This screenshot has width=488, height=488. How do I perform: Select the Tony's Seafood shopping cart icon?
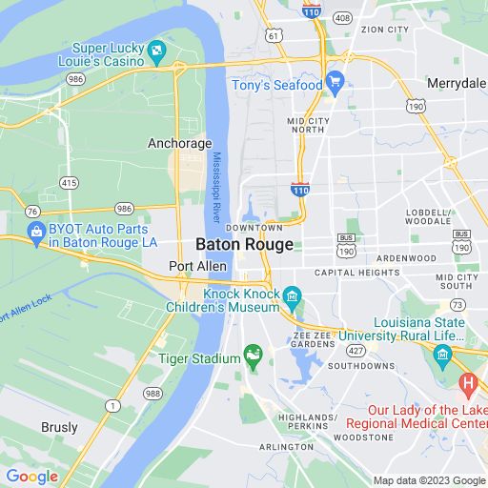[334, 81]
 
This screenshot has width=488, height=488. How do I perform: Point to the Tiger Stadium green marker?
[254, 358]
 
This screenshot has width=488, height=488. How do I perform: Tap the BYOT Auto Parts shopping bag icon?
[36, 230]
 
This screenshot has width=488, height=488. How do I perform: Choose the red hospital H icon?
[467, 383]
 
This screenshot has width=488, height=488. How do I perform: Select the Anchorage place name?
[179, 143]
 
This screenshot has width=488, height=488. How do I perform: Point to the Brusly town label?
[59, 428]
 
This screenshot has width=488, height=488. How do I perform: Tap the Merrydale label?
[456, 82]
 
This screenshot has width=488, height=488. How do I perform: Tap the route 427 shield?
[355, 350]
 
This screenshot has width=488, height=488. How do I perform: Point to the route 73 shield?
[458, 304]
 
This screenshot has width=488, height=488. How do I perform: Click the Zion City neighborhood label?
[385, 30]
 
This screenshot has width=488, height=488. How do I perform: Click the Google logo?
[32, 477]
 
